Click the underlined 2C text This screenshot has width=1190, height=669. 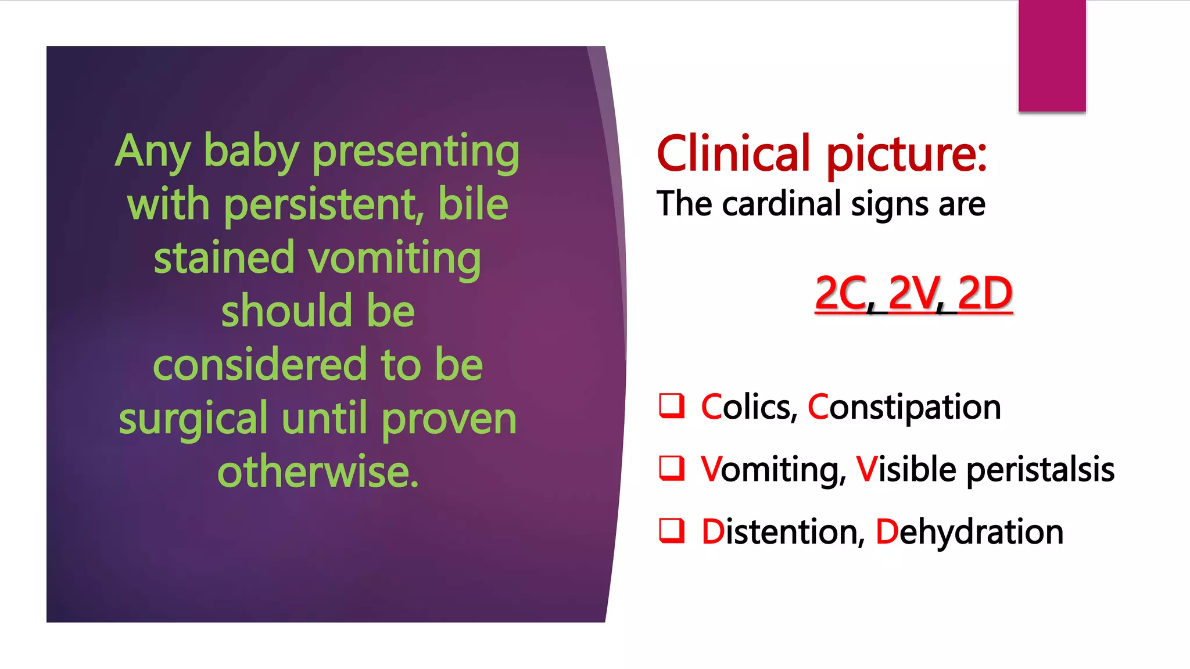click(x=841, y=293)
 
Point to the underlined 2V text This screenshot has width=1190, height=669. click(x=913, y=293)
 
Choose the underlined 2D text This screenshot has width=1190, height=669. click(x=985, y=293)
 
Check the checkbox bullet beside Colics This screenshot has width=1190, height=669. click(x=672, y=406)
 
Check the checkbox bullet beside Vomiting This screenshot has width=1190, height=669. click(x=672, y=468)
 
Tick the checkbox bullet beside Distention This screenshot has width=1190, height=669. click(x=672, y=530)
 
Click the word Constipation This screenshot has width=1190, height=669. click(x=904, y=407)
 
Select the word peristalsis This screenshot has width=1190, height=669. click(x=1040, y=469)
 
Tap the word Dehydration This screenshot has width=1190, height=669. click(x=969, y=531)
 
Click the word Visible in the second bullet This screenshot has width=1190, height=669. click(x=906, y=469)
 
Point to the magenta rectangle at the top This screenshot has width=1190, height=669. click(x=1052, y=56)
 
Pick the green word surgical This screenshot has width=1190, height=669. click(x=192, y=419)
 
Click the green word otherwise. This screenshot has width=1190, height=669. click(x=318, y=472)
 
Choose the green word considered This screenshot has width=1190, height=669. click(x=260, y=365)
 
